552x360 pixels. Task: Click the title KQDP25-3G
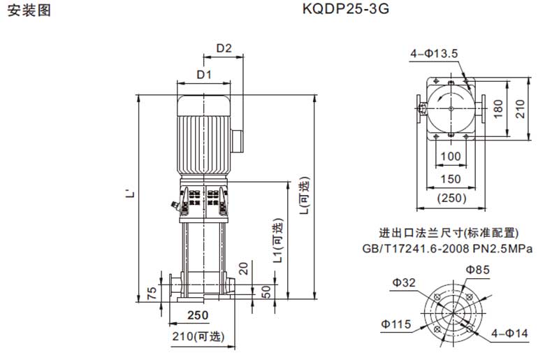(346, 9)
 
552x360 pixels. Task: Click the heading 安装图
(29, 10)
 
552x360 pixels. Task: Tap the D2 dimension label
(224, 48)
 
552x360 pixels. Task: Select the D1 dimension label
(204, 75)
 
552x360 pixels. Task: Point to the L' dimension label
(130, 194)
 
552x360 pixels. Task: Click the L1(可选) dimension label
(279, 240)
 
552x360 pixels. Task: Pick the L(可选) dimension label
(304, 195)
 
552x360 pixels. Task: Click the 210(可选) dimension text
(198, 336)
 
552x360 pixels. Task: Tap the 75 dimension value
(152, 294)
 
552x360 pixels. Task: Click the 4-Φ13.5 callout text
(434, 54)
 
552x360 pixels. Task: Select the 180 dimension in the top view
(498, 109)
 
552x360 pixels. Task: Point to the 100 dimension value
(451, 156)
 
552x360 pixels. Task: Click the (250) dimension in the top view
(451, 198)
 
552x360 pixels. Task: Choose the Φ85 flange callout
(478, 270)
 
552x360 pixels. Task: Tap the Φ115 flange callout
(395, 324)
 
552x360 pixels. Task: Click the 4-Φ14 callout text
(509, 333)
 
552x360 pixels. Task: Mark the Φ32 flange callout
(404, 282)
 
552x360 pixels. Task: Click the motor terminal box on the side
(237, 141)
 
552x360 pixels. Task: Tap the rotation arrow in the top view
(451, 96)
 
